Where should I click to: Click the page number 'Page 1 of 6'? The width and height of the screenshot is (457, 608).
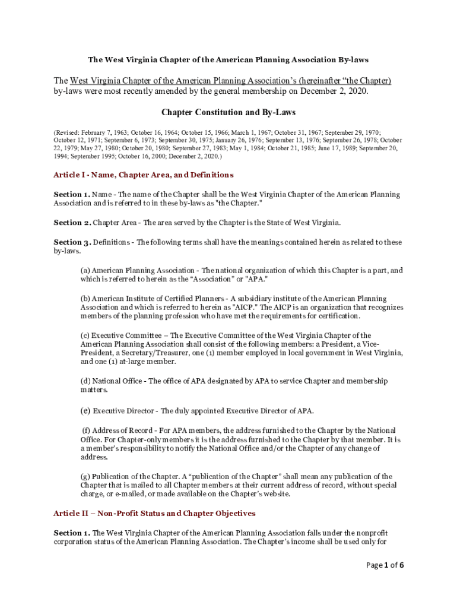[x=385, y=565]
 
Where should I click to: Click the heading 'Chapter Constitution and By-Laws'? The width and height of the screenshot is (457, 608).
[x=228, y=112]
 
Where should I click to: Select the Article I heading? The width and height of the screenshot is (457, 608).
[x=143, y=175]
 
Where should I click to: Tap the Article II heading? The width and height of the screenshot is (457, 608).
[x=154, y=513]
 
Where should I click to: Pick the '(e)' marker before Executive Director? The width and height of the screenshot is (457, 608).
[x=85, y=410]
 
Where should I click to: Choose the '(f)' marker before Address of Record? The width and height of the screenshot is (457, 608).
[x=87, y=430]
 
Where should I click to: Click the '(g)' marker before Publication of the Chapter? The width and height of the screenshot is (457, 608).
[x=85, y=476]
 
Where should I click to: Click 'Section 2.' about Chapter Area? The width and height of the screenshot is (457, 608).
[x=72, y=223]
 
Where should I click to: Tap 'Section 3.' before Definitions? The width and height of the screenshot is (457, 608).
[x=72, y=242]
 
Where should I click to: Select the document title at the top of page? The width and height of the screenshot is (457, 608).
[x=228, y=60]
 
